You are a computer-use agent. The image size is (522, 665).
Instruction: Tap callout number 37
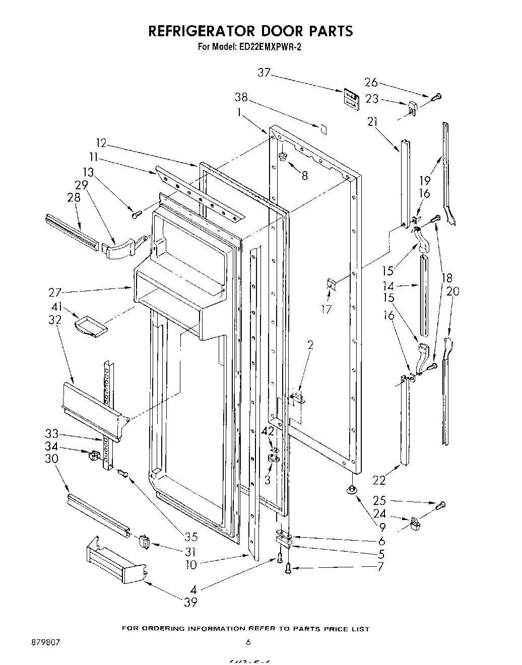coord(264,73)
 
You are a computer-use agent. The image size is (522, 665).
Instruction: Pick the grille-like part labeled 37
coord(351,98)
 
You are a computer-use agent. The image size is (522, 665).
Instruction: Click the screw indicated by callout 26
coord(436,96)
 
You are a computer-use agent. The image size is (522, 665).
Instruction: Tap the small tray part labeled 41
coord(91,325)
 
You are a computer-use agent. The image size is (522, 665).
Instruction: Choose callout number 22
coord(379,480)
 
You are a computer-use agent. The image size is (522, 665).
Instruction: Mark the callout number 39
coord(190,602)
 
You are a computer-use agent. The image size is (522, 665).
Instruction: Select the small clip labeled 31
coord(144,542)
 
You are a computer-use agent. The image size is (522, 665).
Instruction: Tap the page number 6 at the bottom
coord(248,642)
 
